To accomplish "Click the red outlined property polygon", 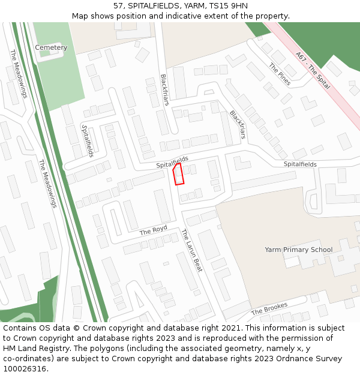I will click(178, 174).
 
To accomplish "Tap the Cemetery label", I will click(51, 47).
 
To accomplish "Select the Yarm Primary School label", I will click(298, 250).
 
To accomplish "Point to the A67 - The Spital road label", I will click(313, 70).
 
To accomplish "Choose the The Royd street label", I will click(153, 230).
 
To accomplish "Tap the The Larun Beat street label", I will click(192, 250).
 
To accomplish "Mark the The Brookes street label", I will click(269, 308).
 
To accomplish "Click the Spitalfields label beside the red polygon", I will click(172, 162).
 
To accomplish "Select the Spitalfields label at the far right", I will click(300, 164).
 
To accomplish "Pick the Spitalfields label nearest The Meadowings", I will click(88, 140).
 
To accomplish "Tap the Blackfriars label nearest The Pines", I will click(238, 124).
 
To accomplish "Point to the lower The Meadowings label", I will click(47, 184).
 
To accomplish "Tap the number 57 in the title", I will click(118, 6).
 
